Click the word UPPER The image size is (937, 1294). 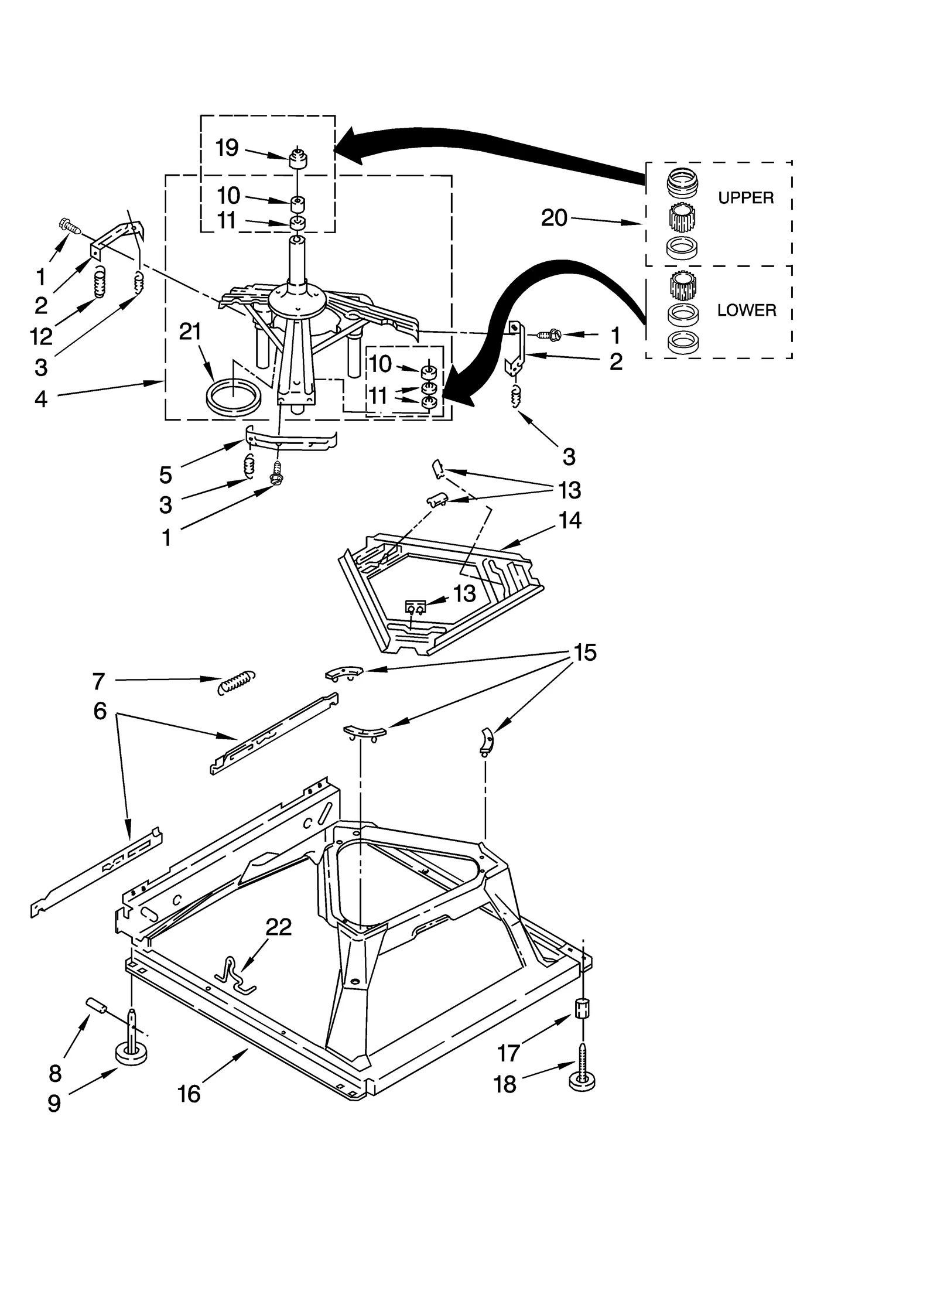coord(746,198)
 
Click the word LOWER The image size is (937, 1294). coord(746,310)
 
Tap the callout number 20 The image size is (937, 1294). coord(554,218)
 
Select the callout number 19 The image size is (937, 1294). coord(227,148)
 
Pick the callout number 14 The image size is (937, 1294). coord(570,520)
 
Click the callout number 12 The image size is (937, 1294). coord(42,336)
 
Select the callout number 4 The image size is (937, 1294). coord(40,399)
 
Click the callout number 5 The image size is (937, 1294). coord(166,474)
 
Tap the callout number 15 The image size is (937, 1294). coord(584,652)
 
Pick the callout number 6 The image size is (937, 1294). coord(100,711)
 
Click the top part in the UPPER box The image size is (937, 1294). coord(682,182)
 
